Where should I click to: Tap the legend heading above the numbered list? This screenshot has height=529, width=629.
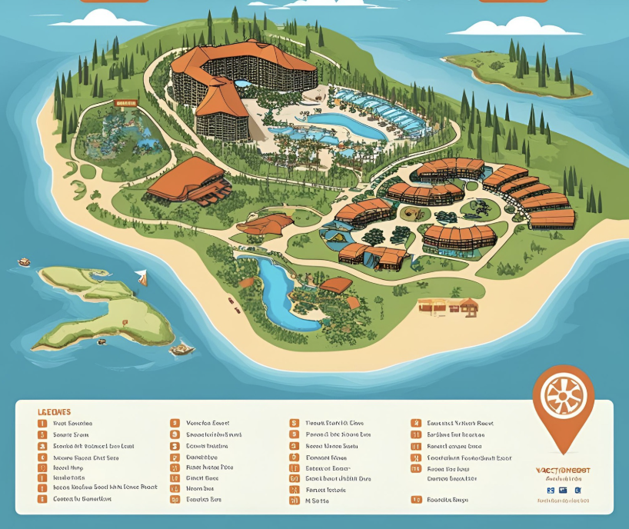pyautogui.click(x=54, y=411)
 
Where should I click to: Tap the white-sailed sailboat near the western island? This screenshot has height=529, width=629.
pyautogui.click(x=141, y=277)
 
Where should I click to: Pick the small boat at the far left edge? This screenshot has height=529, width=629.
pyautogui.click(x=24, y=261)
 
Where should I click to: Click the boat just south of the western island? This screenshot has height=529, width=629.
pyautogui.click(x=181, y=350)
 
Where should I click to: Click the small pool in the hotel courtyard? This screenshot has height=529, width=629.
pyautogui.click(x=242, y=82)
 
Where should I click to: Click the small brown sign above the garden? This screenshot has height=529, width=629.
pyautogui.click(x=125, y=102)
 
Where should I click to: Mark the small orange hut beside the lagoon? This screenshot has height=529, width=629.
pyautogui.click(x=335, y=285)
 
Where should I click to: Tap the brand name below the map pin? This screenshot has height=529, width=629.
pyautogui.click(x=564, y=470)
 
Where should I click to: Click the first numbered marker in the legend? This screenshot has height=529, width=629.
pyautogui.click(x=42, y=423)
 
